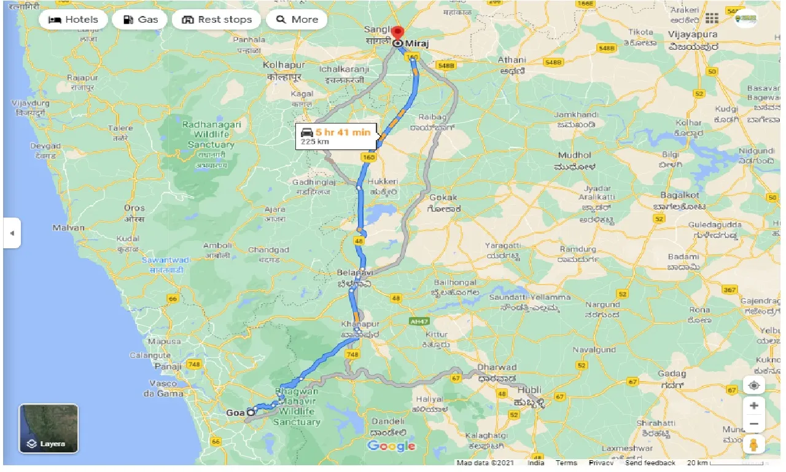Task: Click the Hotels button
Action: pos(73,20)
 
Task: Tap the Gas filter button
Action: pos(140,20)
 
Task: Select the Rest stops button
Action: pos(217,20)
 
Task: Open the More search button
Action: pos(297,20)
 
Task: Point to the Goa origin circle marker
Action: pos(251,412)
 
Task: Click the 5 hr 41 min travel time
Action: pos(343,132)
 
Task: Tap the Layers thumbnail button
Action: pos(49,428)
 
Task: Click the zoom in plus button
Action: pos(754,406)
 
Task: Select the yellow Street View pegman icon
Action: pos(754,444)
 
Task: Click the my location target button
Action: pos(754,385)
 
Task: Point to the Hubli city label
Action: pos(529,390)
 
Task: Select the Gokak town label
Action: pos(443,198)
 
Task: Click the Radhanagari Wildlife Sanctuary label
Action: pos(211,135)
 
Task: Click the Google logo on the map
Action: pos(391,446)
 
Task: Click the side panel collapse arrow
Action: pos(12,233)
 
